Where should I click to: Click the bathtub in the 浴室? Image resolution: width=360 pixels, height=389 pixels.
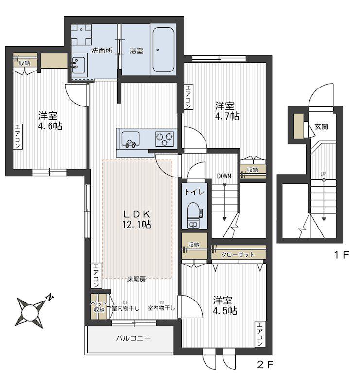point(163,50)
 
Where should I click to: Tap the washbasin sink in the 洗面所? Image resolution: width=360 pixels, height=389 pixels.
point(79,65)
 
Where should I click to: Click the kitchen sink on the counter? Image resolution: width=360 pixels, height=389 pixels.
point(130,140)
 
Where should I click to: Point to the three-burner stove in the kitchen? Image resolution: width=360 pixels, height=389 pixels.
point(164,140)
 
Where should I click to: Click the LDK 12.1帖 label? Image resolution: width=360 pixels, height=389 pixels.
point(137,219)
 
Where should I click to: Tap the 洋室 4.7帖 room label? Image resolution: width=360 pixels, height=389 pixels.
point(226,111)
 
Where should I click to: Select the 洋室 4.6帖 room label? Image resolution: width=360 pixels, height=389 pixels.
point(50,121)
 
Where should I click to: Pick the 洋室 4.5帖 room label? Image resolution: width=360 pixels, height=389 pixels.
point(225,305)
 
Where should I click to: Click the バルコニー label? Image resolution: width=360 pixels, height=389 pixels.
point(134,338)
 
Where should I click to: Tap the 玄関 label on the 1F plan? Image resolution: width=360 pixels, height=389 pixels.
point(321,126)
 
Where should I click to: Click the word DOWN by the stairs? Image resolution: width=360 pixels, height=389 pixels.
point(224,176)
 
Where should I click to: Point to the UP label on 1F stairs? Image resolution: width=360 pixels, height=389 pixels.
point(323,174)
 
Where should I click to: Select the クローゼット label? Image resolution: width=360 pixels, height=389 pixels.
point(238,255)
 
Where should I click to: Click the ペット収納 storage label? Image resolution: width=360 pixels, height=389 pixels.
point(99,307)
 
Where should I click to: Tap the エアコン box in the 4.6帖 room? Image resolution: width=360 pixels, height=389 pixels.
point(17,137)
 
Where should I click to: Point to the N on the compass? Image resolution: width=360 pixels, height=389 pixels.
point(50,298)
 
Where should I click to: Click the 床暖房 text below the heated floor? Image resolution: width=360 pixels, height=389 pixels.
point(137,279)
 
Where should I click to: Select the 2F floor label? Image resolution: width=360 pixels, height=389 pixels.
point(265,364)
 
